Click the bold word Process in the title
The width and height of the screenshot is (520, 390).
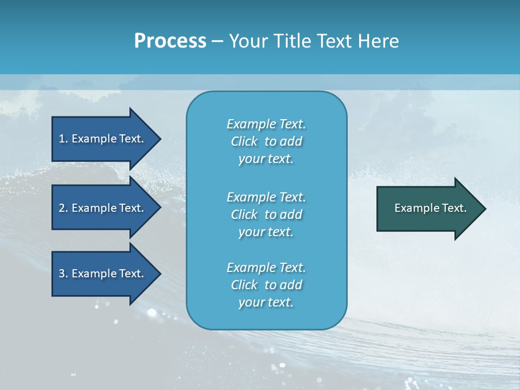point(170,41)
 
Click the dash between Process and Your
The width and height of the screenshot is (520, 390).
point(217,41)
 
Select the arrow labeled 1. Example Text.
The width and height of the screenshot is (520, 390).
point(103,139)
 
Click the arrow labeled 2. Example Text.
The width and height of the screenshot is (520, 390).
point(103,208)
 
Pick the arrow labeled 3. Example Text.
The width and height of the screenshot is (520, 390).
point(103,274)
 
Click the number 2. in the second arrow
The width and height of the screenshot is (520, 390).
point(63,208)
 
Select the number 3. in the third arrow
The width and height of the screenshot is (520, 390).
point(63,274)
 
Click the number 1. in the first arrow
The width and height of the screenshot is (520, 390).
point(63,139)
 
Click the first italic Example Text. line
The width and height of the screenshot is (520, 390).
point(266,124)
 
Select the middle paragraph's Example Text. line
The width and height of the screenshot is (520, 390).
point(266,197)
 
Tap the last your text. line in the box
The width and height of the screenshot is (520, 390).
point(266,303)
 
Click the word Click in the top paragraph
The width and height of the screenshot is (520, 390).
point(244,141)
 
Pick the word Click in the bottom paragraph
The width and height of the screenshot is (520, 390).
point(244,285)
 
